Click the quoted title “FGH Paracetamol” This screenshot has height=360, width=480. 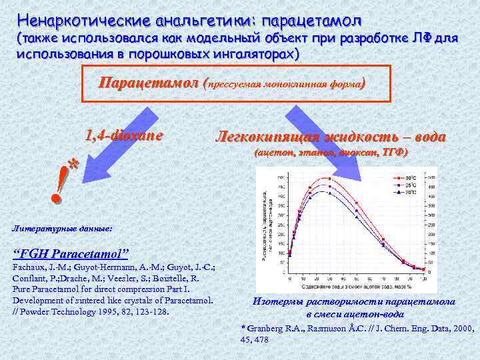coord(71,254)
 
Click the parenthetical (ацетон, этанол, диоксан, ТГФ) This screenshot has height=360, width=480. coord(331,153)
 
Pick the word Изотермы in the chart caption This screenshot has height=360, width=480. coord(277,301)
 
